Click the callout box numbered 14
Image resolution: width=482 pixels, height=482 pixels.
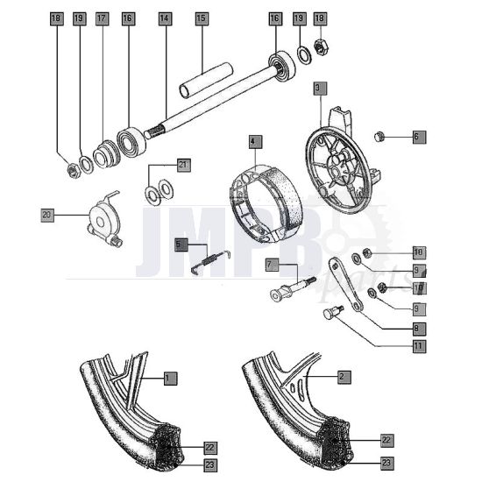[165, 18]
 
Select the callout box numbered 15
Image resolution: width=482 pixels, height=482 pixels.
[201, 18]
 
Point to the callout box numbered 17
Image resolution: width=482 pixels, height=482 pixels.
[103, 18]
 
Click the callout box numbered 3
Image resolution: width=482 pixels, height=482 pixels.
[318, 88]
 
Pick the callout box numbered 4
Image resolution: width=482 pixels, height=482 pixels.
[253, 140]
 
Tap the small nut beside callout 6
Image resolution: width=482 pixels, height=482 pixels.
[381, 136]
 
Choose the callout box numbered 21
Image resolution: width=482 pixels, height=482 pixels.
[182, 164]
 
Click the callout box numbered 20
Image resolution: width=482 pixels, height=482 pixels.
[47, 213]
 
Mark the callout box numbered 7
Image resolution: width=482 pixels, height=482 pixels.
[271, 264]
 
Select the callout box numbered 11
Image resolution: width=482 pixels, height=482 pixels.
[418, 346]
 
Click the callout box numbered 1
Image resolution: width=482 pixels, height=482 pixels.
[170, 378]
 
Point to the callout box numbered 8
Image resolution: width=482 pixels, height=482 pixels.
[418, 328]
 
